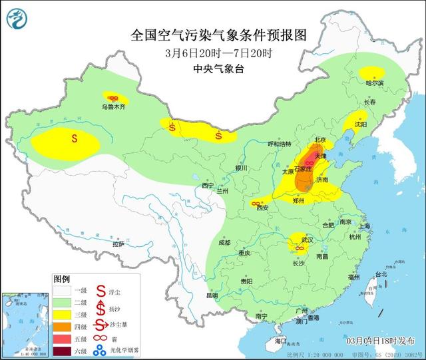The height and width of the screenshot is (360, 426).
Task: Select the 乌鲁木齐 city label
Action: (113, 106)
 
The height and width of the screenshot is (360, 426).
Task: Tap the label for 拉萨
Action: (118, 245)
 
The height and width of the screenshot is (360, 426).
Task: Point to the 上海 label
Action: (363, 226)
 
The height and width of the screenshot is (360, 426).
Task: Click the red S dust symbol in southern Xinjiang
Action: (75, 139)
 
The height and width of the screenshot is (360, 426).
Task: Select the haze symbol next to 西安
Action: (256, 204)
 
